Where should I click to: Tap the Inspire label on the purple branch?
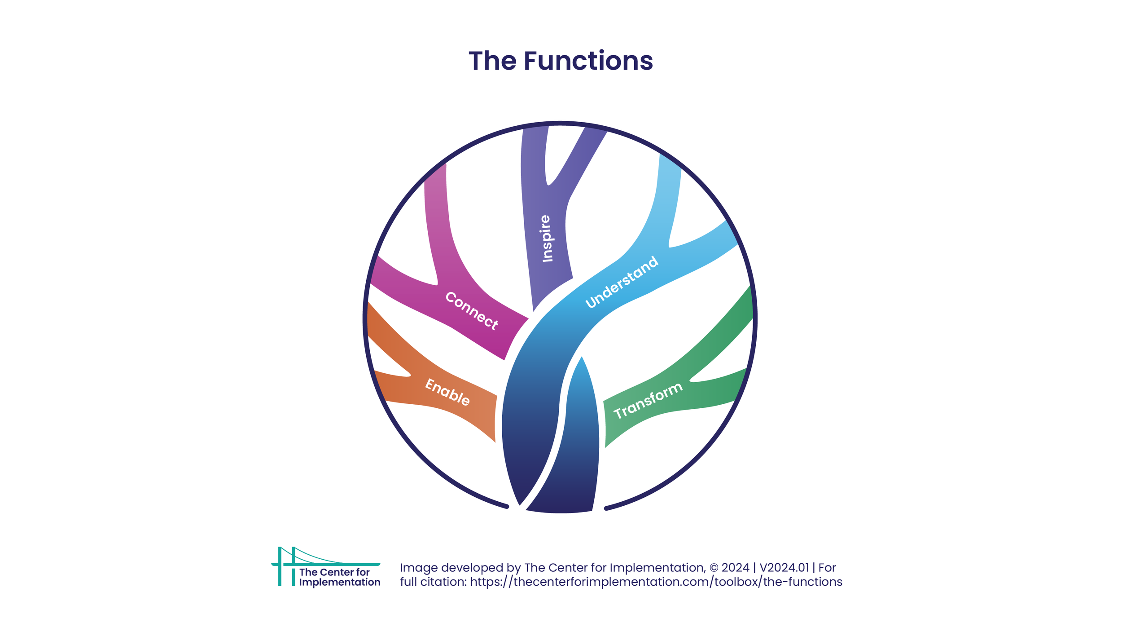546,239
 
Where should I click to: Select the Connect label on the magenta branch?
472,311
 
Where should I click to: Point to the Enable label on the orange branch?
447,392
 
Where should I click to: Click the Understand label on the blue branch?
622,282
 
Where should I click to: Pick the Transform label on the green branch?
648,401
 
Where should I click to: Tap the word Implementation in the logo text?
340,582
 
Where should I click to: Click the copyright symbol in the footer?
714,568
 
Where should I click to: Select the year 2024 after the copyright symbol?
735,568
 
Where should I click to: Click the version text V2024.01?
784,568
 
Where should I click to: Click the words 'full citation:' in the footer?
433,582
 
